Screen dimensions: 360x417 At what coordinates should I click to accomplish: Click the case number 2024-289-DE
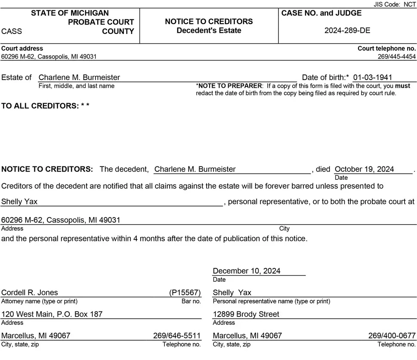point(347,31)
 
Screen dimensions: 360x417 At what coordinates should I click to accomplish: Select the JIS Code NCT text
point(395,4)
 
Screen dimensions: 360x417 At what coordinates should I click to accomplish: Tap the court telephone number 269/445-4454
point(397,56)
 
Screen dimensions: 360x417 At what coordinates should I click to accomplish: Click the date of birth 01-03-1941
point(373,77)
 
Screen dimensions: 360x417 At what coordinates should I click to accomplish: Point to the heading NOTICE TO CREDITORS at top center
point(209,22)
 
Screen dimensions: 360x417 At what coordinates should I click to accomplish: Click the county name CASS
point(12,31)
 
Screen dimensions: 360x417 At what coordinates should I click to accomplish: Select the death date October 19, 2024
point(364,169)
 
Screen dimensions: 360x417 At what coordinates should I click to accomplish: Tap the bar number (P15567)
point(185,292)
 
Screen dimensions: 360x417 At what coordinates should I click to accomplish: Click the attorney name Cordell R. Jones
point(30,292)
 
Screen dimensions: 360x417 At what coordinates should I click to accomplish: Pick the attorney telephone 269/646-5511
point(177,335)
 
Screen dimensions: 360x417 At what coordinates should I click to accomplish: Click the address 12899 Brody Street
point(246,314)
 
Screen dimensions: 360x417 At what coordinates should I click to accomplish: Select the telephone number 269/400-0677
point(392,335)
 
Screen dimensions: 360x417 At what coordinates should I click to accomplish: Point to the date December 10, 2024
point(247,271)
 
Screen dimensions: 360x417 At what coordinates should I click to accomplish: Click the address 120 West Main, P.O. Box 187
point(52,314)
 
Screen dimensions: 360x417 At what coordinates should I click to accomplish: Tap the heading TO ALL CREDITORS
point(45,106)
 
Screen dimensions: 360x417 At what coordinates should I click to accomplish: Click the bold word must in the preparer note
point(403,86)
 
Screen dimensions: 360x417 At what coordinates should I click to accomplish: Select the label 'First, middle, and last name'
point(77,86)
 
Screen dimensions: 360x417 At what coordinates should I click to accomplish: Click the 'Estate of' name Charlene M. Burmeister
point(79,77)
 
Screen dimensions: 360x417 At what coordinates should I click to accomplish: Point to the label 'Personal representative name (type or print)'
point(272,301)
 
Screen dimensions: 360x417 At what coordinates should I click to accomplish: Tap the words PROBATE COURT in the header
point(101,22)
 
